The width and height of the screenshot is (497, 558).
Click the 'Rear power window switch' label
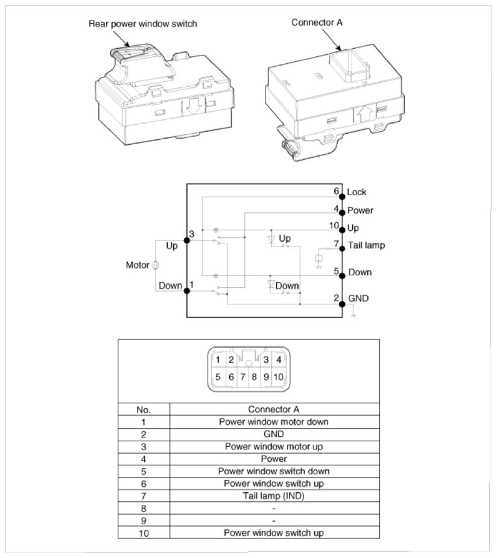142,24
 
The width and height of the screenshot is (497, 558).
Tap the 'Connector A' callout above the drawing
317,22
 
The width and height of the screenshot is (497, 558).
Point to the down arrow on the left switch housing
194,107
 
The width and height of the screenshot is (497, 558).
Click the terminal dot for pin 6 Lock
342,196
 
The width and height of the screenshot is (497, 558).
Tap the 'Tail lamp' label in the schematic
366,245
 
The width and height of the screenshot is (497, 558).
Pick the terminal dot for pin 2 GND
342,304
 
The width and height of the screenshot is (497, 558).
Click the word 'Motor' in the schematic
138,265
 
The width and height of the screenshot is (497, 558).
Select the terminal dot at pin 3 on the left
187,240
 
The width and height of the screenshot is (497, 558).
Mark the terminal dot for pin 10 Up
342,230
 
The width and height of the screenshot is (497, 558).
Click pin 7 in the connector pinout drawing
242,377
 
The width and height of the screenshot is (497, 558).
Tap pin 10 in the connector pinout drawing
278,377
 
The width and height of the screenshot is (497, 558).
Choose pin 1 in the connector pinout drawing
218,359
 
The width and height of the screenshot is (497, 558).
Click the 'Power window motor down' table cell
274,422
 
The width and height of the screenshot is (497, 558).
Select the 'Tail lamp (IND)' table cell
274,496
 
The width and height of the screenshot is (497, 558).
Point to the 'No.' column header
143,410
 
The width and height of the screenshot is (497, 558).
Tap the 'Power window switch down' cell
274,471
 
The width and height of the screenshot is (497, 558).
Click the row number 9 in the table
143,521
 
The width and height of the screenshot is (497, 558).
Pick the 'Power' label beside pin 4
360,210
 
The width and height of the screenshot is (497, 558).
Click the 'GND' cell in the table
274,434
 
